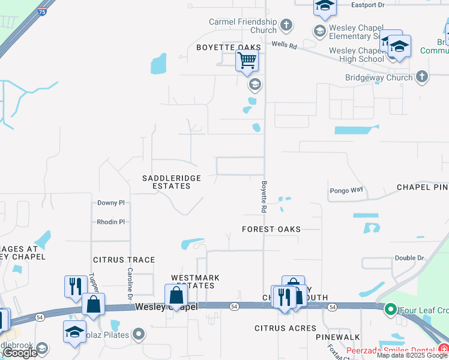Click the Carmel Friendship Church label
pyautogui.click(x=243, y=26)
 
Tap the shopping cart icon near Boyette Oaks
pyautogui.click(x=247, y=61)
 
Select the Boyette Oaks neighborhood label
pyautogui.click(x=229, y=47)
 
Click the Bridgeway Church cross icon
pyautogui.click(x=422, y=77)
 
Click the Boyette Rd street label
pyautogui.click(x=264, y=197)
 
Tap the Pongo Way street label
pyautogui.click(x=346, y=190)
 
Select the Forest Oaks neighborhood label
pyautogui.click(x=271, y=229)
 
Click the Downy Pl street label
pyautogui.click(x=110, y=203)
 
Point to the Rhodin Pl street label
pyautogui.click(x=110, y=222)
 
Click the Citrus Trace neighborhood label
pyautogui.click(x=124, y=260)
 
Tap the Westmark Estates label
pyautogui.click(x=195, y=281)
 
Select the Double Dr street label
pyautogui.click(x=409, y=258)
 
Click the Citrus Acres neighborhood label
pyautogui.click(x=285, y=328)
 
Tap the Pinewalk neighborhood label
pyautogui.click(x=338, y=338)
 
